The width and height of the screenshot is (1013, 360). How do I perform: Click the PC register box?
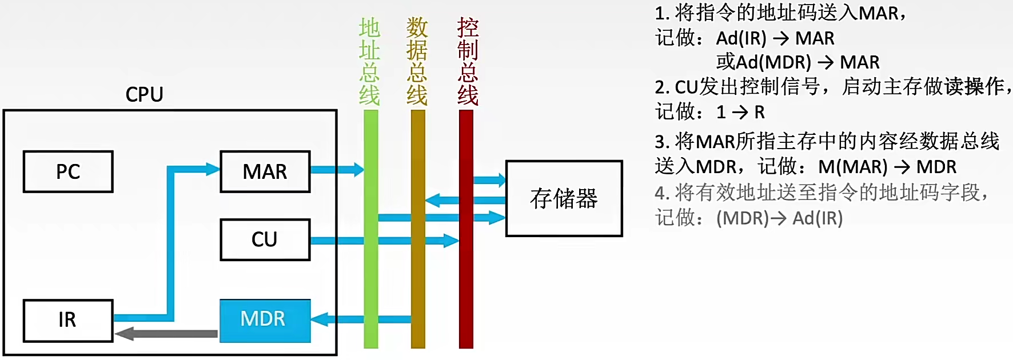(68, 171)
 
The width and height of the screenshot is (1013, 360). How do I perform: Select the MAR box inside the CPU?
(265, 171)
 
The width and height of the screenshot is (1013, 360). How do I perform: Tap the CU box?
(265, 239)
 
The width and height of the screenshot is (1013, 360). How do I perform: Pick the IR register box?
(68, 320)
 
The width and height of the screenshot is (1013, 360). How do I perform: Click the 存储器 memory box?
(564, 198)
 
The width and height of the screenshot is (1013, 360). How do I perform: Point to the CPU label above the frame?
(144, 94)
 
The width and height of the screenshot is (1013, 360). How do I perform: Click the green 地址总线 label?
(369, 61)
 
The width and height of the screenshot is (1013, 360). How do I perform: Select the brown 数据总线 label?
(417, 61)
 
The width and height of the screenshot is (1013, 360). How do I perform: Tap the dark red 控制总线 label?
(467, 61)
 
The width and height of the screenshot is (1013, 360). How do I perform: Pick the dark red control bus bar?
(466, 286)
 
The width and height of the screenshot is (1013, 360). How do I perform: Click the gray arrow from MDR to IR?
(166, 333)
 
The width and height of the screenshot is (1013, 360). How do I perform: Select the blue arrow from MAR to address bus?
(337, 169)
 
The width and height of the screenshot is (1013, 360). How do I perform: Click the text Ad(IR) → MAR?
(775, 38)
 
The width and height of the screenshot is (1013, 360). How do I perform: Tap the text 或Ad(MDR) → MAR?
(797, 62)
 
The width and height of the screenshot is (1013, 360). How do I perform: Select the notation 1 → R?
(740, 112)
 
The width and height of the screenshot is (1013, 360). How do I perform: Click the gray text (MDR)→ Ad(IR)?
(779, 218)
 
